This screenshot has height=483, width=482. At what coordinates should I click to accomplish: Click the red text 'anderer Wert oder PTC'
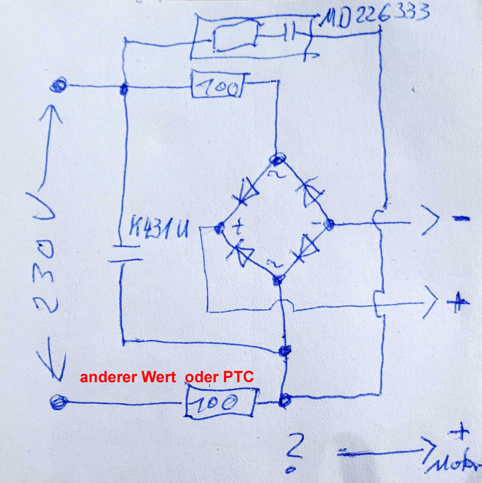pyautogui.click(x=167, y=377)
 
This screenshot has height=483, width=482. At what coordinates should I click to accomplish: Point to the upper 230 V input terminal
pyautogui.click(x=58, y=86)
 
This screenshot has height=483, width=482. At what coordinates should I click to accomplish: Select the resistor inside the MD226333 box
pyautogui.click(x=235, y=38)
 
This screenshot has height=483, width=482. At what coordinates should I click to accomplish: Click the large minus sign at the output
pyautogui.click(x=460, y=219)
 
